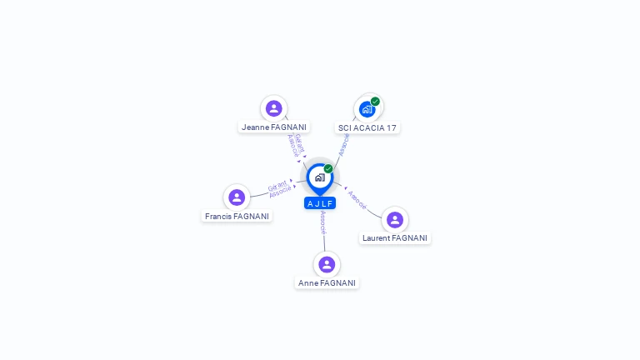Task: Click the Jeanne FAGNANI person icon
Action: pos(274,108)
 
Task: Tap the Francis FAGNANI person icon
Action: pos(237,197)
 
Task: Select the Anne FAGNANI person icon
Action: pos(327,264)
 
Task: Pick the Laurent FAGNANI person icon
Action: pos(395,220)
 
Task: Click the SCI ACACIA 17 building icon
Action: pos(367,109)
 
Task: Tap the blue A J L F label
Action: pos(320,203)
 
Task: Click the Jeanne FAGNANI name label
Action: pos(274,127)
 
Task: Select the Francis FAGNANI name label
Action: pos(237,217)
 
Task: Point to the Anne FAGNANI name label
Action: pos(327,283)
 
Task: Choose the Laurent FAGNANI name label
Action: pos(395,238)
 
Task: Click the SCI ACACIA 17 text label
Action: pos(367,128)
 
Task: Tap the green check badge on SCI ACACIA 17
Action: pos(375,101)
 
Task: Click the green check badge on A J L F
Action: pos(328,168)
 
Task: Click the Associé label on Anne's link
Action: pos(323,222)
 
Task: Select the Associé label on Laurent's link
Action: pos(357,200)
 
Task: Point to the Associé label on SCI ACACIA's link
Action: pos(343,145)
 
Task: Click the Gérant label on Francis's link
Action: pos(277,186)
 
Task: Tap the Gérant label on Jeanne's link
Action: pos(300,143)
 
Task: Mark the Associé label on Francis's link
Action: pos(280,192)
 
